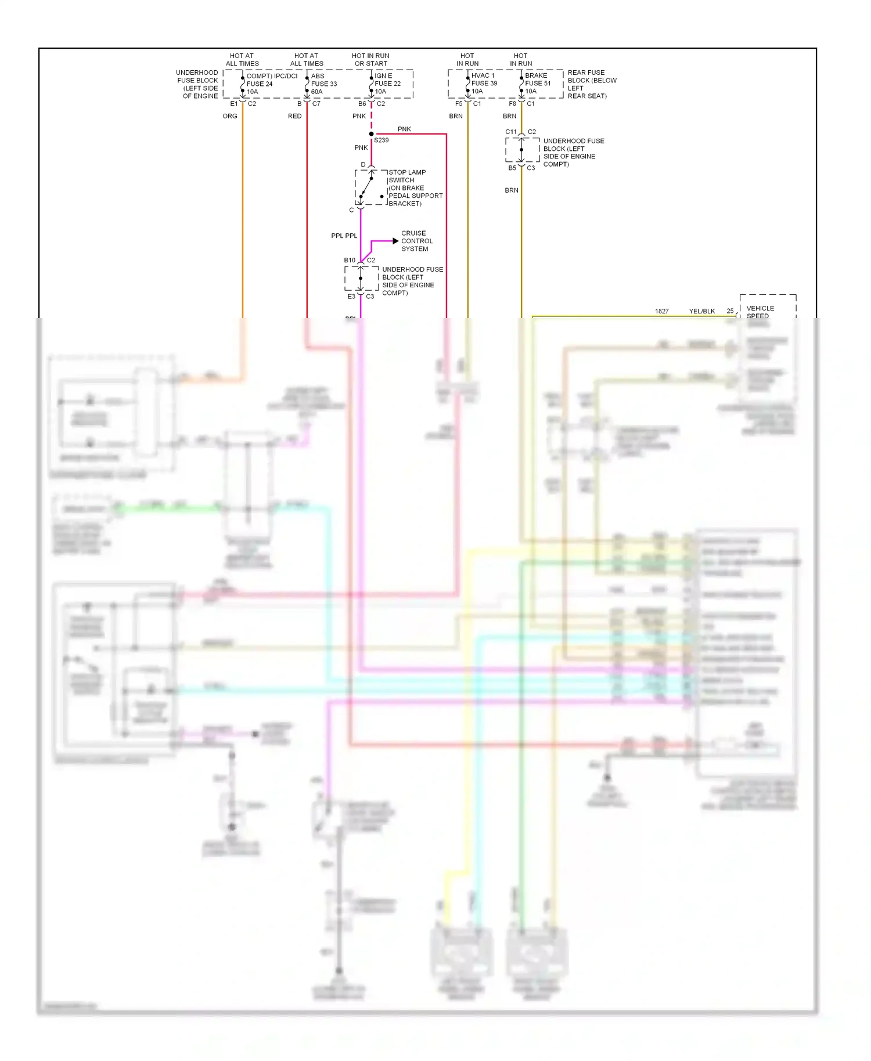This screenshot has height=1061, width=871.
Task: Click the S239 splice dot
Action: click(x=372, y=134)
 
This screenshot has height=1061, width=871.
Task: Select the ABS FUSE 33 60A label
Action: click(x=324, y=84)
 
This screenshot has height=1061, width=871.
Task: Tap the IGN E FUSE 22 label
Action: click(x=387, y=84)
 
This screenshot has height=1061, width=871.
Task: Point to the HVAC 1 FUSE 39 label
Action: click(x=484, y=83)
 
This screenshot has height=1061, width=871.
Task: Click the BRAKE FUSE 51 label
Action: click(x=538, y=83)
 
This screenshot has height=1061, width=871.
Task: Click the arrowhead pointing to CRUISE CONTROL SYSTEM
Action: click(x=395, y=241)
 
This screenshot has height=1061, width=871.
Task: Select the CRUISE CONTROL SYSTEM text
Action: click(x=416, y=241)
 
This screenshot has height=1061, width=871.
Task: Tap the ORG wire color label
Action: click(x=230, y=116)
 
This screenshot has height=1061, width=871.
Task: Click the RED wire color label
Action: click(x=294, y=116)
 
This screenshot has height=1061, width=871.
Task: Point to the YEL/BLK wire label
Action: click(x=701, y=311)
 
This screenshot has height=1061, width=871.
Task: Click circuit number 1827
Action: click(x=661, y=311)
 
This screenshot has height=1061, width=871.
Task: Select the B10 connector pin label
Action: click(x=350, y=261)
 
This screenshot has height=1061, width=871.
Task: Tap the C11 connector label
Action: click(x=511, y=132)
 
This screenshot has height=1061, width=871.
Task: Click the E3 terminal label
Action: click(x=351, y=297)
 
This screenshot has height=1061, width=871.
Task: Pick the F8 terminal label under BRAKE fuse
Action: click(x=512, y=104)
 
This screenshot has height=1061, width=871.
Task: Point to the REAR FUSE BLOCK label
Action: click(x=591, y=84)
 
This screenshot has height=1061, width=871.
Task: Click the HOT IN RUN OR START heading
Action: click(x=370, y=60)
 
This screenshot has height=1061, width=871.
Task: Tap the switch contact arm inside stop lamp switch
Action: click(x=366, y=187)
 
